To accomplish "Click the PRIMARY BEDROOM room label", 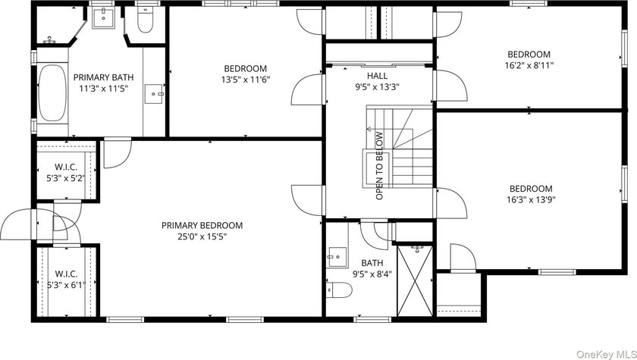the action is [202, 225].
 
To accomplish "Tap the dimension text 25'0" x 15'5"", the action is [202, 236].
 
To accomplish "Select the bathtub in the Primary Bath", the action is [52, 93].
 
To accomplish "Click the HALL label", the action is [378, 76].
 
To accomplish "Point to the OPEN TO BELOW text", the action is [379, 165].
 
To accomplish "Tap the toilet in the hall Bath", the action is [339, 290].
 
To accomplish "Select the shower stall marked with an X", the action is [415, 280].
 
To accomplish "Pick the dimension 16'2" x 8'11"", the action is [529, 65].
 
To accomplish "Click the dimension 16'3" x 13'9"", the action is [531, 199].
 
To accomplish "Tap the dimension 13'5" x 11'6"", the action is [246, 80].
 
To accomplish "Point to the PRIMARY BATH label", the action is [103, 77].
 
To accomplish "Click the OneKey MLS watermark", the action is [606, 354].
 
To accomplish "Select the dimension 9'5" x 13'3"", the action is [377, 86].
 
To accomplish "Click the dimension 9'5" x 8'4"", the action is [372, 274].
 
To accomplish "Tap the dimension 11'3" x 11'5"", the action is [103, 88].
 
